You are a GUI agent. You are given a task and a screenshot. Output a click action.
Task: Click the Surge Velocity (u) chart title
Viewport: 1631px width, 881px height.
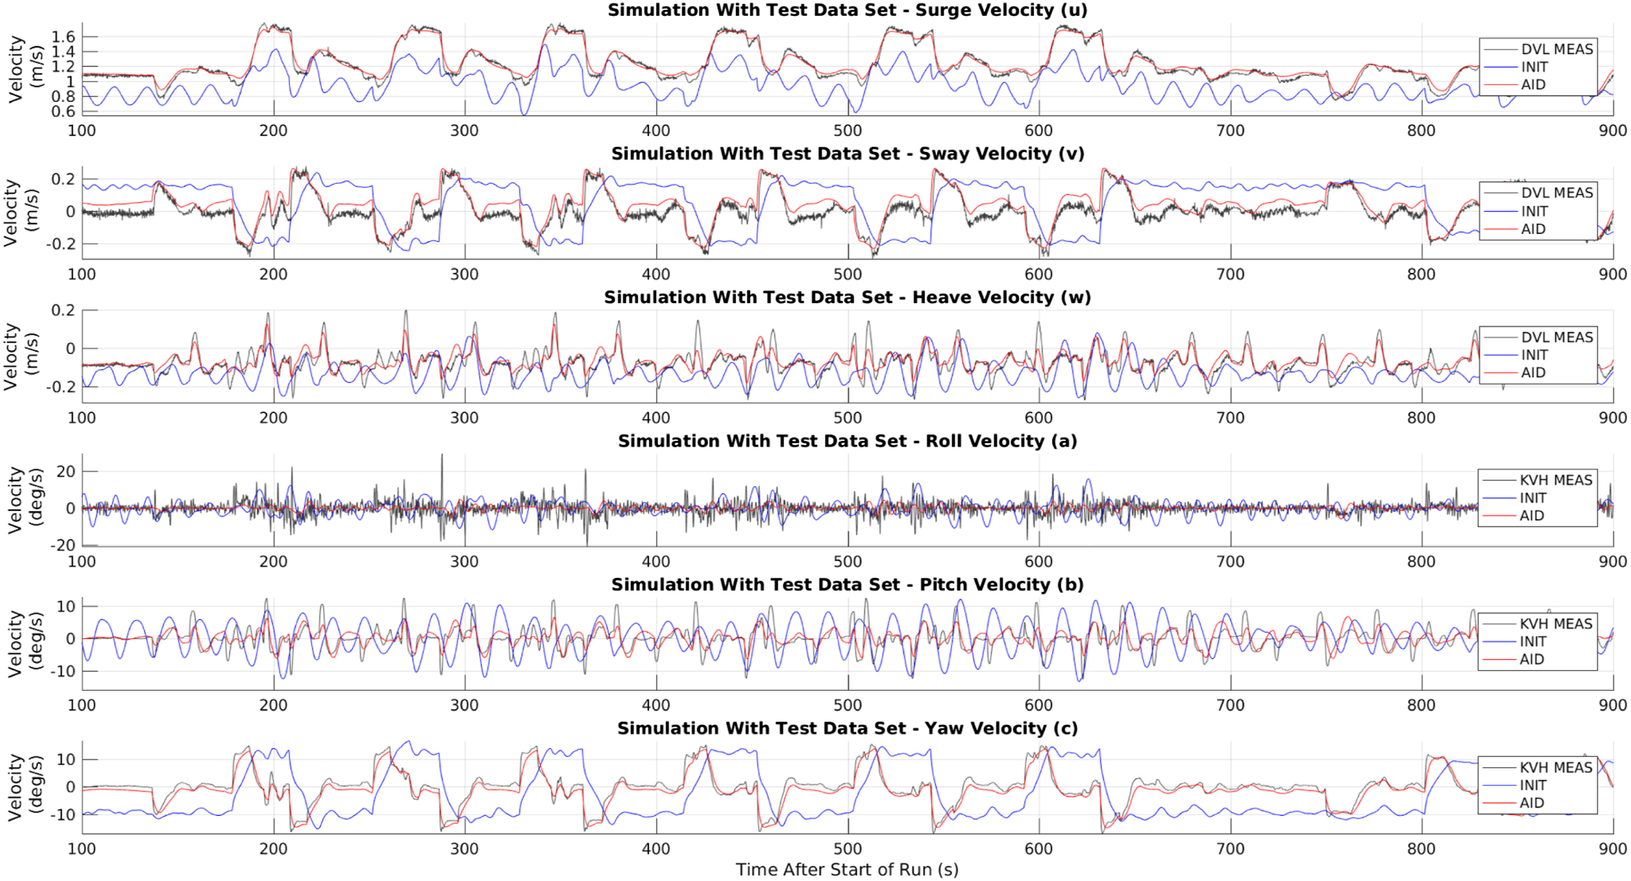(847, 10)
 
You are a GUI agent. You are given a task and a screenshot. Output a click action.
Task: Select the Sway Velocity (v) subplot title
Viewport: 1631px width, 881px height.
(847, 154)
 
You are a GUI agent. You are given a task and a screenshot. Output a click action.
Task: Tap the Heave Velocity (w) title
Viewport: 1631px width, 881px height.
(847, 297)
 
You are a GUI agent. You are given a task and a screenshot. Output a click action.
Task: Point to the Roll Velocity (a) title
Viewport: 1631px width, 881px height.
(847, 441)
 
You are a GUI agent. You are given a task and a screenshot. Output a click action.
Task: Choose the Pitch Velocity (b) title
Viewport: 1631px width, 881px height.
(847, 585)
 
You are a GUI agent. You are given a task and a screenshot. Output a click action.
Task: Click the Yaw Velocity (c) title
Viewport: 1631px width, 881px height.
(847, 728)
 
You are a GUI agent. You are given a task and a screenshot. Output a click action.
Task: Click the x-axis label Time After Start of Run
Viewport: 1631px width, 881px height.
(847, 870)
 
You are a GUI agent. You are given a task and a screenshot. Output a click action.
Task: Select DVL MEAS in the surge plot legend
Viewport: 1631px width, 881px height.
(1556, 49)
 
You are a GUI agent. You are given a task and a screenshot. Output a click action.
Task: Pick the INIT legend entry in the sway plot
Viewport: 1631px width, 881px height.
(1534, 211)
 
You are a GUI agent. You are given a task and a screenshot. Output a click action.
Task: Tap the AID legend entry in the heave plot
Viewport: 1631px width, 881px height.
(1533, 373)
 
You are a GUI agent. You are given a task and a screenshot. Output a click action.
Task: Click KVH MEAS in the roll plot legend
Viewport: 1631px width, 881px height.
(1556, 480)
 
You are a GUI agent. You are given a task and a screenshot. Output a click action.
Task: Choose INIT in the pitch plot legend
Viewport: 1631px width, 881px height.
(1533, 642)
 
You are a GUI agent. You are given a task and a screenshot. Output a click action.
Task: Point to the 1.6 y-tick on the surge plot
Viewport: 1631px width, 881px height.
(63, 37)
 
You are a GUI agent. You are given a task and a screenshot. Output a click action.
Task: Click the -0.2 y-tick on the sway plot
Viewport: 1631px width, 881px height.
(58, 244)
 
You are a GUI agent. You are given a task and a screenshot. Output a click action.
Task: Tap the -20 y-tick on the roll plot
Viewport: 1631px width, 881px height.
(62, 545)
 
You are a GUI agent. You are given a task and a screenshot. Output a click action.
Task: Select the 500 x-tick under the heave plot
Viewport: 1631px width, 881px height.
(847, 418)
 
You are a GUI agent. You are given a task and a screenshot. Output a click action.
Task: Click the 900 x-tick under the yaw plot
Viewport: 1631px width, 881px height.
(1612, 849)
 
